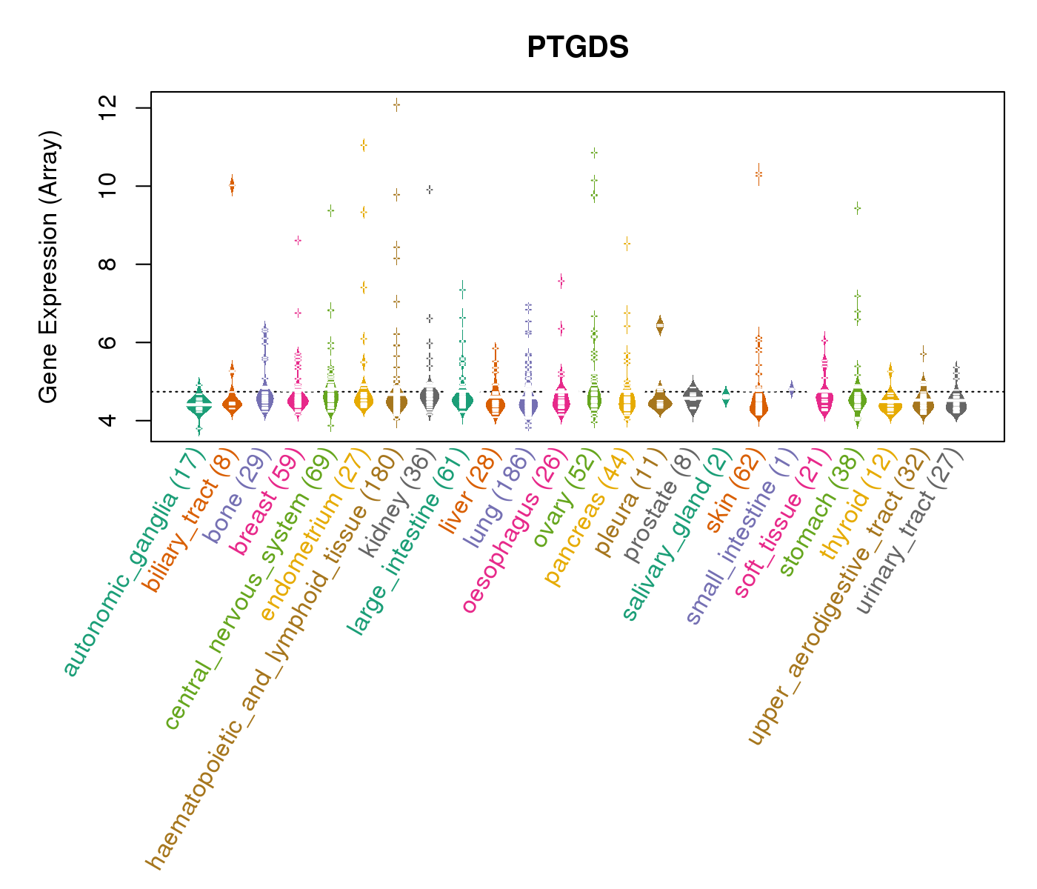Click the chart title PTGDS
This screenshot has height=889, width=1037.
coord(578,48)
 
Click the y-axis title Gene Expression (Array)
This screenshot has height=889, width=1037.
coord(48,267)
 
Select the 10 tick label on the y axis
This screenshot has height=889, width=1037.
coord(104,186)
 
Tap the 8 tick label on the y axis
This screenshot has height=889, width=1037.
coord(104,264)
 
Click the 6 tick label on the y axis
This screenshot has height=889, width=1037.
coord(104,342)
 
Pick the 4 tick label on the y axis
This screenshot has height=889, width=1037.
coord(104,421)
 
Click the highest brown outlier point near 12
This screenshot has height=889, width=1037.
coord(396,104)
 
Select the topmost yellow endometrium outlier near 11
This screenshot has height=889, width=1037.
coord(364,144)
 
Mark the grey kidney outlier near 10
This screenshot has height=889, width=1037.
coord(429,190)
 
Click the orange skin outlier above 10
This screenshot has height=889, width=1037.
coord(758,174)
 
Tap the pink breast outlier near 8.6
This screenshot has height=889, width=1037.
coord(298,241)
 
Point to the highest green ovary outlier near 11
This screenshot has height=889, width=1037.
coord(594,153)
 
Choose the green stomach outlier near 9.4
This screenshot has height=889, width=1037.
coord(857,209)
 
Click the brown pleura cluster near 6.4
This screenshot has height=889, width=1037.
coord(659,324)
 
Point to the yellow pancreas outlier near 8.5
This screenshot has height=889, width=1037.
coord(627,243)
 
